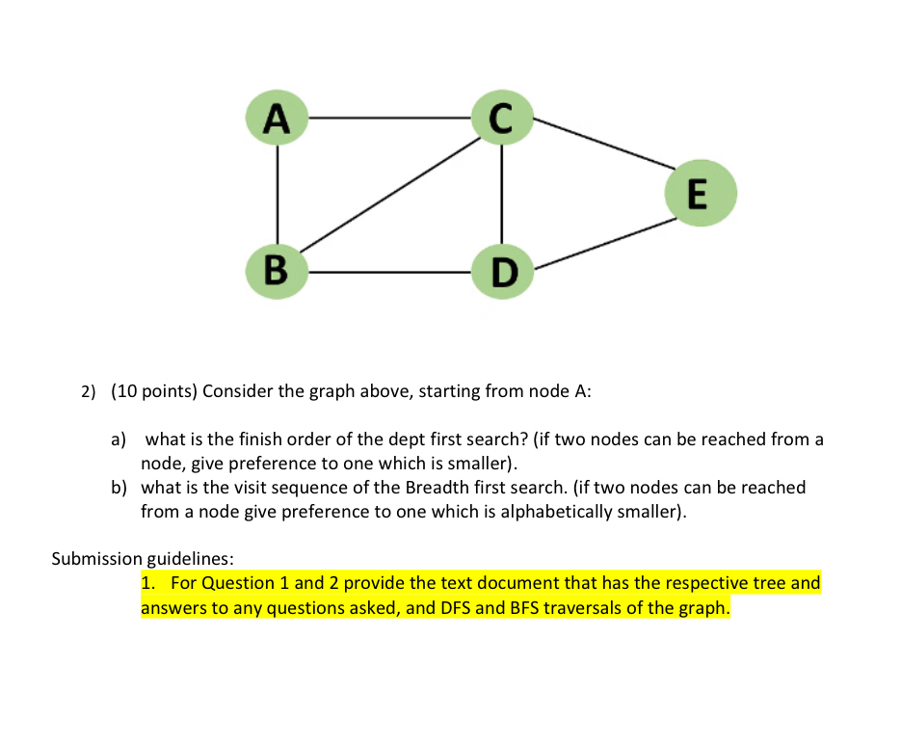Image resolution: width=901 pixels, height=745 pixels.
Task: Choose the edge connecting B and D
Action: pyautogui.click(x=389, y=272)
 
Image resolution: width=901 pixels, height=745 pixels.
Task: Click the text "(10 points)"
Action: pyautogui.click(x=153, y=391)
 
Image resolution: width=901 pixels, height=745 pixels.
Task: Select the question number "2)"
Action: pyautogui.click(x=89, y=392)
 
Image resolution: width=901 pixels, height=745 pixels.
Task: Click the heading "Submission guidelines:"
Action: pyautogui.click(x=143, y=558)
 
